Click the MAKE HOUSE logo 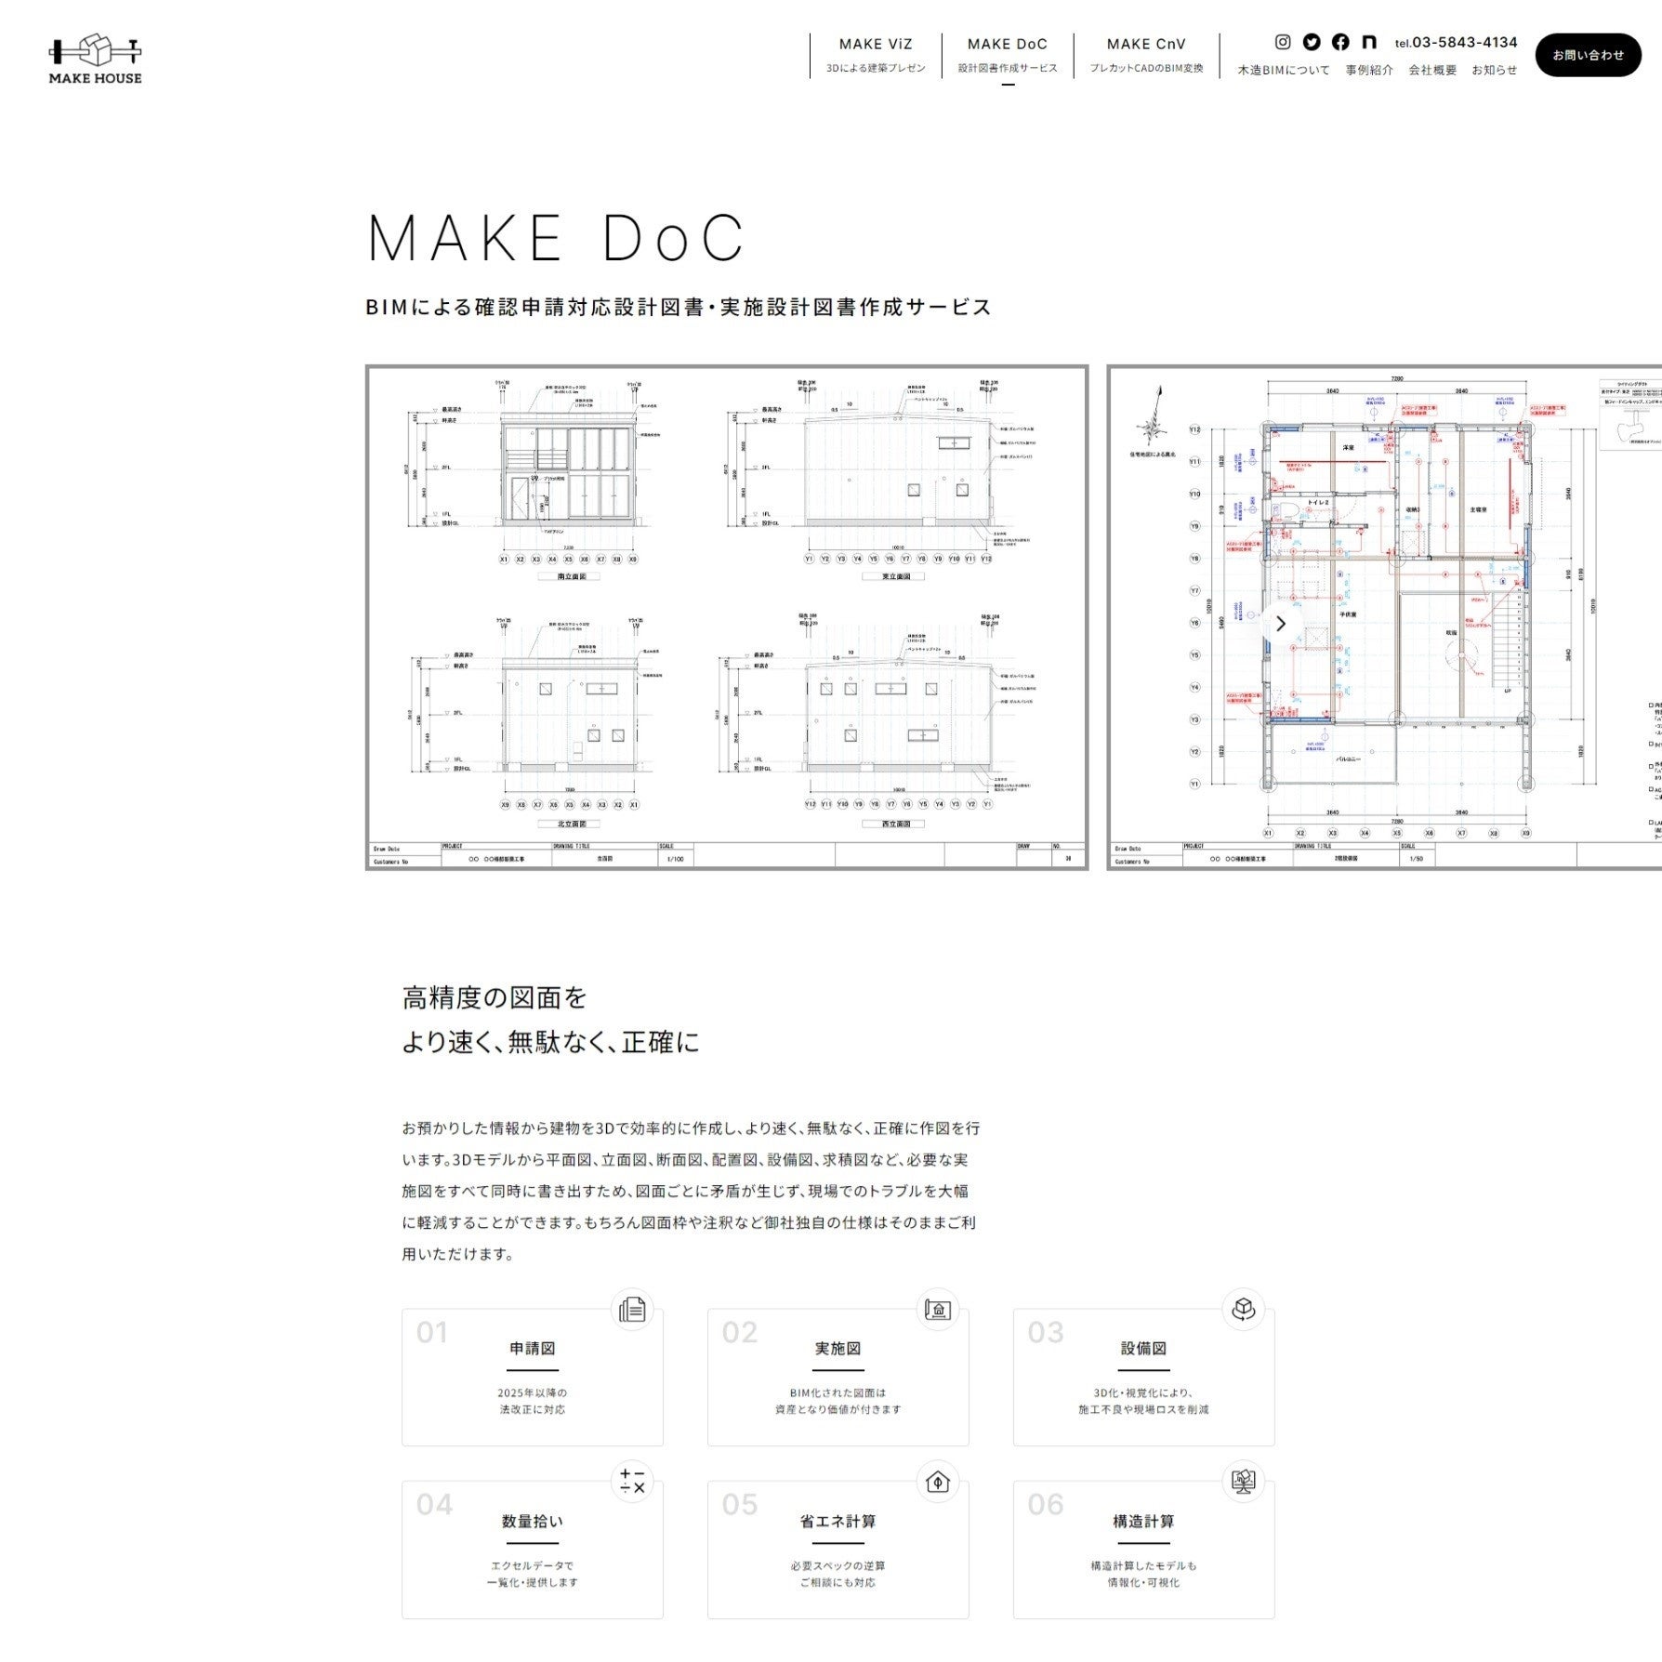(95, 60)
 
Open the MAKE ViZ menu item (875, 44)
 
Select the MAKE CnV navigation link (1145, 44)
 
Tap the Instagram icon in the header (1283, 42)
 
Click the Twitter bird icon (1312, 42)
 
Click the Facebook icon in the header (1340, 42)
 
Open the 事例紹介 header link (1368, 70)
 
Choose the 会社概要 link (1431, 70)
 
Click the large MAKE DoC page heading (556, 238)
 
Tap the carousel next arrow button (1280, 624)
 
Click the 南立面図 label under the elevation (571, 576)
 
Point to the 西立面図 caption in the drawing (895, 824)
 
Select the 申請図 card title (532, 1348)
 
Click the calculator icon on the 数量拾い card (632, 1481)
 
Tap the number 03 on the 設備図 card (1045, 1332)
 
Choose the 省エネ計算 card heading (838, 1521)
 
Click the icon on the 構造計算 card (1243, 1481)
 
